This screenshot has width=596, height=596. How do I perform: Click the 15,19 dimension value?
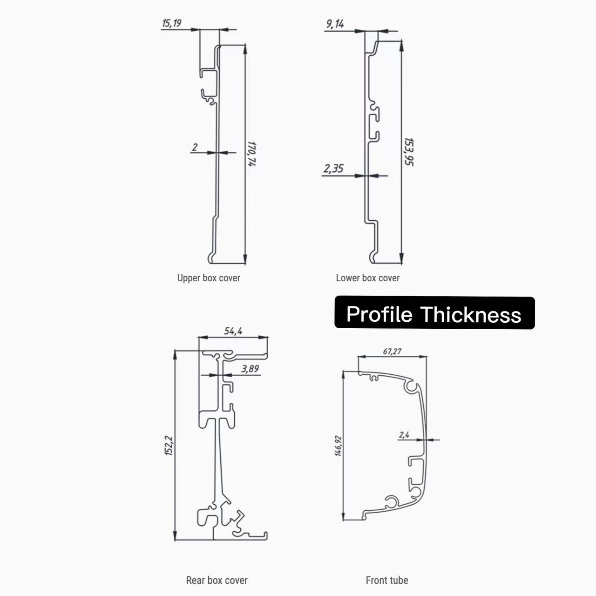point(172,23)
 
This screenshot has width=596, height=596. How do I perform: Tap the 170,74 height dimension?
point(252,154)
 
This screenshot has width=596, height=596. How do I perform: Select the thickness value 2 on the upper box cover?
point(195,147)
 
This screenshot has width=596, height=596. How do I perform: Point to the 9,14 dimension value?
point(335,24)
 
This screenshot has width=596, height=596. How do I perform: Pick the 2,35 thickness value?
point(333,169)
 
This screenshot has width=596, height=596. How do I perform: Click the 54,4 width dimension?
point(233,331)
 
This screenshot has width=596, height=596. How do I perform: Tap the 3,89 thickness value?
point(250,369)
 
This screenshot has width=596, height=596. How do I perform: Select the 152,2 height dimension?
point(169,446)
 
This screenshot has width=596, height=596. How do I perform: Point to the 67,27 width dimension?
point(392,352)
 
